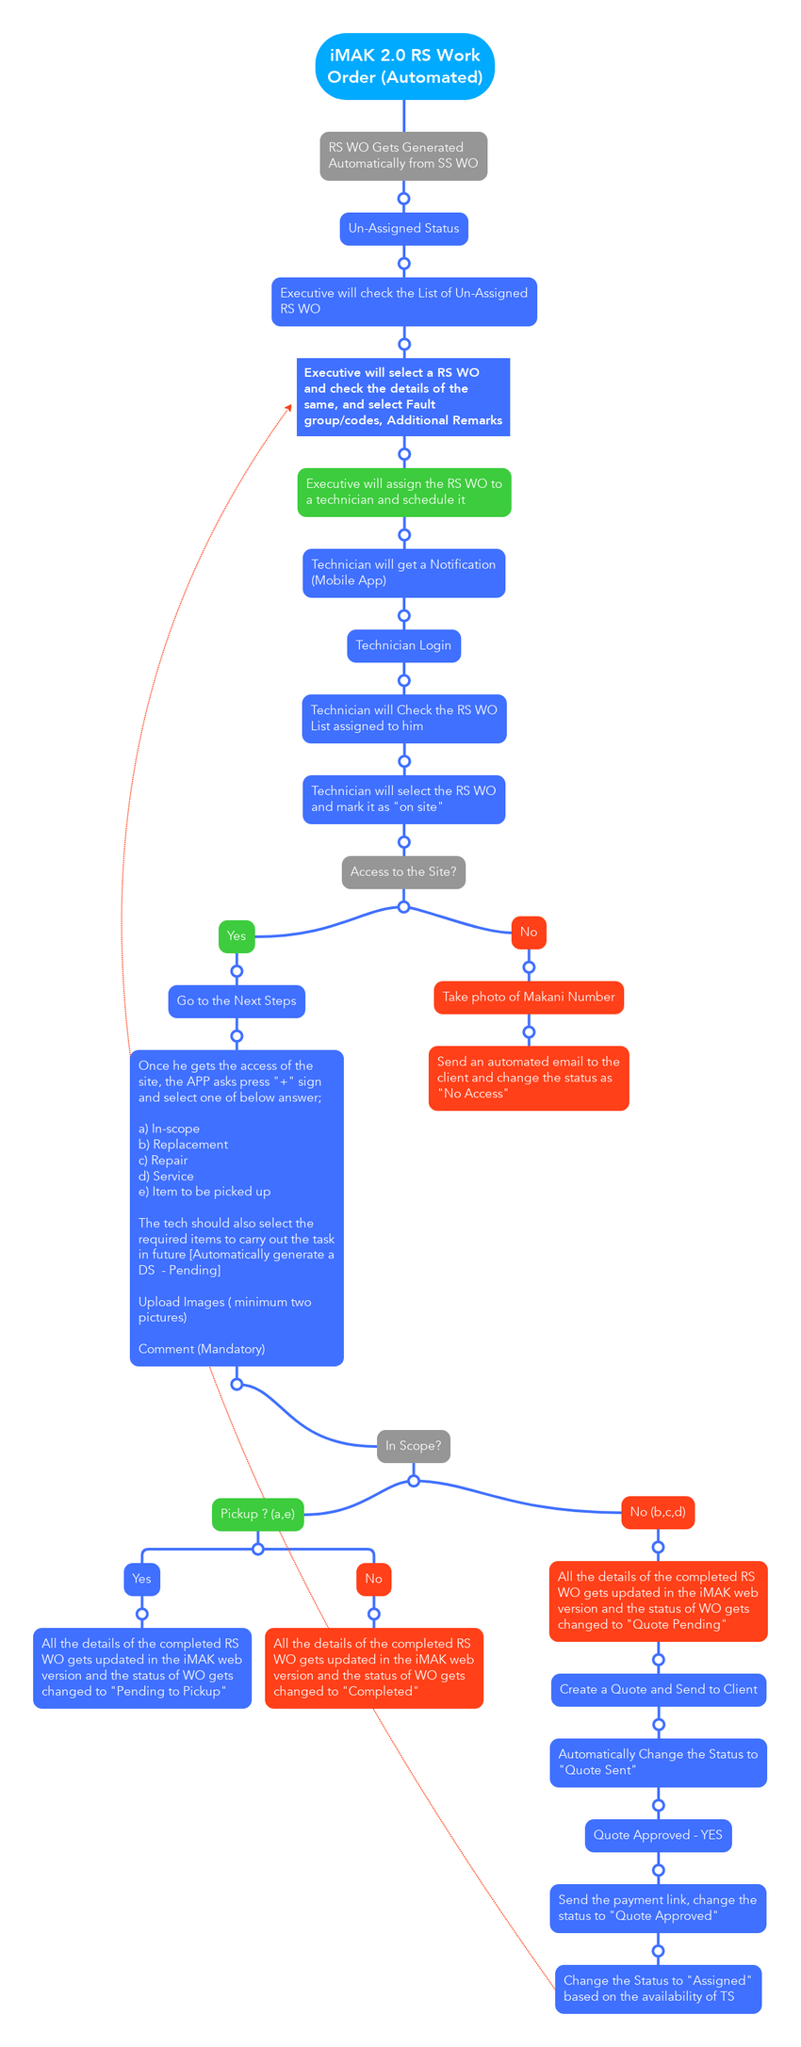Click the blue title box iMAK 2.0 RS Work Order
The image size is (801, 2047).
pyautogui.click(x=404, y=67)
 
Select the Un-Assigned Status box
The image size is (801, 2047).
pyautogui.click(x=403, y=229)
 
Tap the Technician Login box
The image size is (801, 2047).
pyautogui.click(x=403, y=646)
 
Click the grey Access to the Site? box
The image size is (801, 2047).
pyautogui.click(x=403, y=872)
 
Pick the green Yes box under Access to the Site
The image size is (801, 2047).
pyautogui.click(x=237, y=936)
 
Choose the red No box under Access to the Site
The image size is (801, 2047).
pyautogui.click(x=529, y=933)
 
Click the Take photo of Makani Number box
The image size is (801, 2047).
pyautogui.click(x=529, y=998)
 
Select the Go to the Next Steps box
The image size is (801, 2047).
pyautogui.click(x=237, y=1001)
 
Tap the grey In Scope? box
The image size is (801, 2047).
pyautogui.click(x=413, y=1446)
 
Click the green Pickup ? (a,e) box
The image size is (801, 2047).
pyautogui.click(x=257, y=1514)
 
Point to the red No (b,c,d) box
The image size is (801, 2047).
pyautogui.click(x=658, y=1512)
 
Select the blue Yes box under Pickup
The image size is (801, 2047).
pyautogui.click(x=141, y=1579)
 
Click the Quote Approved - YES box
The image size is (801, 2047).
pyautogui.click(x=658, y=1835)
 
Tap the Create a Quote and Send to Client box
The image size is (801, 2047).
pyautogui.click(x=658, y=1689)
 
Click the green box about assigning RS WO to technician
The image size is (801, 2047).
pyautogui.click(x=404, y=492)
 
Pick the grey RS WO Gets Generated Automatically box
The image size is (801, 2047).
pyautogui.click(x=403, y=155)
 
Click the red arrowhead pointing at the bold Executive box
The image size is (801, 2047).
pyautogui.click(x=289, y=406)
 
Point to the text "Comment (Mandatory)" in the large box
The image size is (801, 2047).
pyautogui.click(x=202, y=1349)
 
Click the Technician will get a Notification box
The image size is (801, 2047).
pyautogui.click(x=403, y=573)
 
